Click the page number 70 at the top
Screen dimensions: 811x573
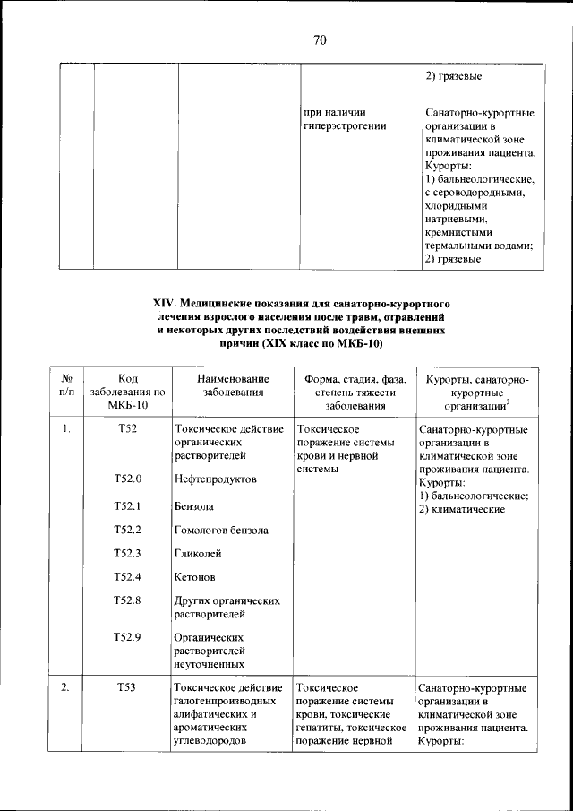coord(321,39)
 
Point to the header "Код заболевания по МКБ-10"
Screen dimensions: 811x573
coord(127,392)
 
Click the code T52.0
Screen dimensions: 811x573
coord(127,479)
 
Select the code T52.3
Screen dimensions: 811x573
coord(127,553)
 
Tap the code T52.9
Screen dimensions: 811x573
coord(127,637)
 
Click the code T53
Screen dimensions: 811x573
coord(127,687)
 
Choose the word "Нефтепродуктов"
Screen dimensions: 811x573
coord(216,479)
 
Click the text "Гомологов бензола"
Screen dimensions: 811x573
coord(221,530)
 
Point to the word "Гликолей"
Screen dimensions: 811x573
coord(198,553)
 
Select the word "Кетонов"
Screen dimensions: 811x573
coord(195,577)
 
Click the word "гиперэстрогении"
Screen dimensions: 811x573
coord(345,126)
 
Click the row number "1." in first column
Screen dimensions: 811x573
coord(67,429)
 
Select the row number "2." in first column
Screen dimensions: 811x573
coord(67,687)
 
